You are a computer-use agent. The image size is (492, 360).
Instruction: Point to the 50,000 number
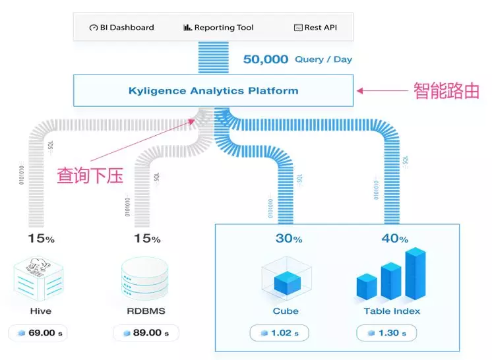[x=266, y=59]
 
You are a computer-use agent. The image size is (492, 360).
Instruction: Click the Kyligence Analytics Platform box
[x=213, y=91]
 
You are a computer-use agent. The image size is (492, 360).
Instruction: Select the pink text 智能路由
[x=446, y=91]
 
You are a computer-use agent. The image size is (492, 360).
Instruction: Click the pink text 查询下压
[x=90, y=175]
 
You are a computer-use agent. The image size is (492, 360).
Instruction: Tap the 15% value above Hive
[x=40, y=238]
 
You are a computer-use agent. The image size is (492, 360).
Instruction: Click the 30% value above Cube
[x=288, y=238]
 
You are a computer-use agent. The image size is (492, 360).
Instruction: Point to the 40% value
[x=394, y=238]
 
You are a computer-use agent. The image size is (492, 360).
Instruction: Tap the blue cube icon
[x=286, y=280]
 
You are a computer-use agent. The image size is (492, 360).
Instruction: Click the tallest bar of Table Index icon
[x=415, y=272]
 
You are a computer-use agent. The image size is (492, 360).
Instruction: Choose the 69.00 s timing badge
[x=38, y=333]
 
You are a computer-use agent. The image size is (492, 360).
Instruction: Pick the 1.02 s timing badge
[x=280, y=333]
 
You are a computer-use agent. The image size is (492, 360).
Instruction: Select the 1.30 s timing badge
[x=386, y=333]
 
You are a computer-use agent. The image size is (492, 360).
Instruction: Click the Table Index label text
[x=392, y=311]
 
